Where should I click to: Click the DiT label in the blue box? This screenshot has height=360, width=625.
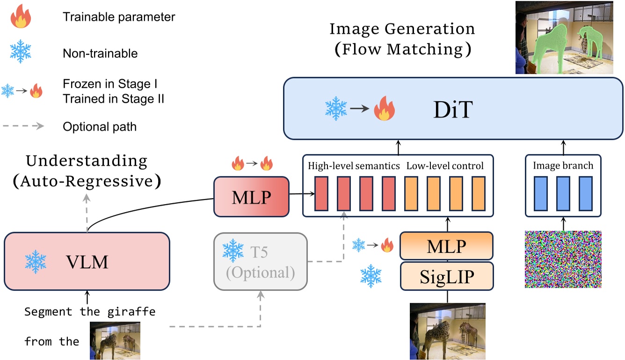(453, 111)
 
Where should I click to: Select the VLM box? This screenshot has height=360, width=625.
(87, 261)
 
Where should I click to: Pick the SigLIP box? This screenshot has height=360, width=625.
(446, 277)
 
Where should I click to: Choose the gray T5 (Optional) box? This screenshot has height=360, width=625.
(260, 261)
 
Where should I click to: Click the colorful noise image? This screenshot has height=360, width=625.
(563, 259)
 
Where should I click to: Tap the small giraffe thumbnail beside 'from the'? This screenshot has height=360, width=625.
(115, 340)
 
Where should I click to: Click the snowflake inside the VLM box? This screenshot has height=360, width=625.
(36, 261)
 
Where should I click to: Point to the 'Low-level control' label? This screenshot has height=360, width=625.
(445, 166)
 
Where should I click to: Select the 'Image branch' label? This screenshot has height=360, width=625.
(563, 166)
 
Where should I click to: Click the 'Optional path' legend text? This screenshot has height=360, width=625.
(100, 126)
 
